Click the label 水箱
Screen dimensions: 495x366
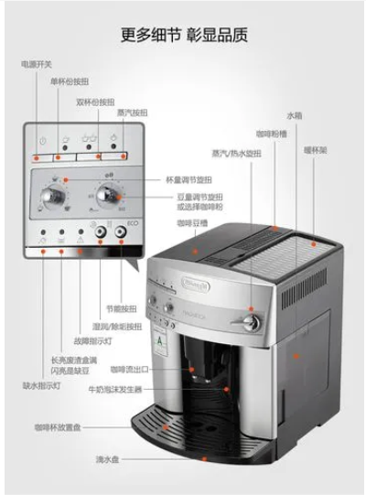click(x=294, y=115)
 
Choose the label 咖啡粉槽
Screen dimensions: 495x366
click(x=269, y=134)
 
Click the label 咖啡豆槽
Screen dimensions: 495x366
click(x=192, y=221)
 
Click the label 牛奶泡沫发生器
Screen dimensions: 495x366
click(x=124, y=388)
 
